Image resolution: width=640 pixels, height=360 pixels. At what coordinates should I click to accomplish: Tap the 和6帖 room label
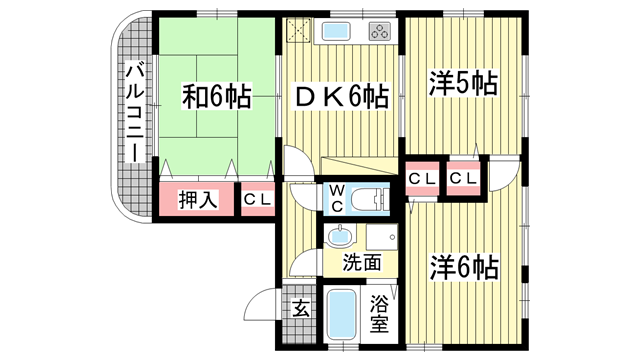[216, 99]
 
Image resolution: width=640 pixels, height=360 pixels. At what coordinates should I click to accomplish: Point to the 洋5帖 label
[464, 83]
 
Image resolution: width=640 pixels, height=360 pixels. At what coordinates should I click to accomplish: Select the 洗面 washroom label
[362, 264]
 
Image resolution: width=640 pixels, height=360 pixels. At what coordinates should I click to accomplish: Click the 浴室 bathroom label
[380, 312]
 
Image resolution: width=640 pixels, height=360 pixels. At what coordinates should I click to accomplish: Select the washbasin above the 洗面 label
[341, 237]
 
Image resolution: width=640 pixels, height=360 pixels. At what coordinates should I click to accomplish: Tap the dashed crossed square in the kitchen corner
[299, 30]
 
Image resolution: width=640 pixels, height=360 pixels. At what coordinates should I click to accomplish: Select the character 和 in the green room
[194, 99]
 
